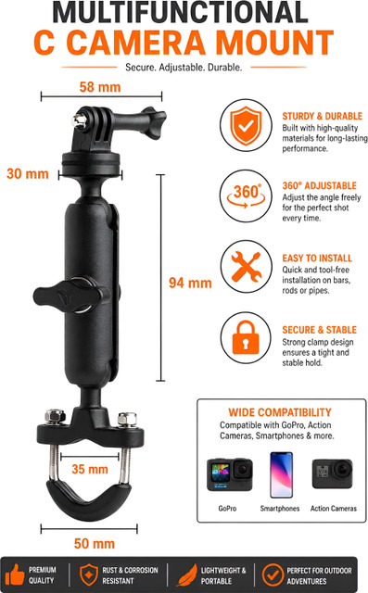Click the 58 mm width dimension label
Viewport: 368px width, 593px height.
click(x=100, y=87)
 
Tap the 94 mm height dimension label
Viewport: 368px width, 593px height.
click(x=190, y=283)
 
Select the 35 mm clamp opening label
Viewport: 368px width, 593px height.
click(x=90, y=469)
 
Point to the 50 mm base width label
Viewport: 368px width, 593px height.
click(x=95, y=544)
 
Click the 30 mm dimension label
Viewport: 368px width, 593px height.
click(x=28, y=173)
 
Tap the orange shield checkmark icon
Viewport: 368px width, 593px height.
click(x=247, y=126)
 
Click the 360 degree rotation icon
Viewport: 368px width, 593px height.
click(x=247, y=196)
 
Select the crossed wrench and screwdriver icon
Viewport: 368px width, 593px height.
click(x=247, y=267)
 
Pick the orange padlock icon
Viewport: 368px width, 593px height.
click(x=246, y=337)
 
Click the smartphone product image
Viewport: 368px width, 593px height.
click(x=281, y=474)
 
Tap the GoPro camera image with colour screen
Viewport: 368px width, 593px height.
click(x=230, y=474)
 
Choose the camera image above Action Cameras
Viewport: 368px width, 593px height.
click(x=332, y=473)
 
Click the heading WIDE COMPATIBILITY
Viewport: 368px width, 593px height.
click(x=280, y=412)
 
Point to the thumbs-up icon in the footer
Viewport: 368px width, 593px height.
click(x=15, y=574)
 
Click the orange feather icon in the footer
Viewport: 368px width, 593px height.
click(x=187, y=574)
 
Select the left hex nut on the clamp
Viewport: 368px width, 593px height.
click(x=56, y=417)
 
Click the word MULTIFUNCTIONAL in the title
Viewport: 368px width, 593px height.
click(x=181, y=12)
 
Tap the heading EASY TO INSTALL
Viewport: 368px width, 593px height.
click(x=317, y=259)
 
